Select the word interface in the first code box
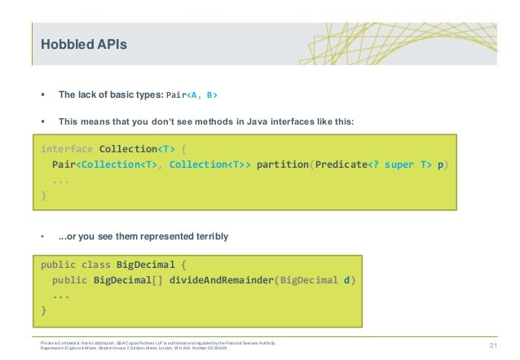click(x=67, y=149)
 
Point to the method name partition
click(x=282, y=165)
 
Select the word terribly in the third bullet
click(x=208, y=236)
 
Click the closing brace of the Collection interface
click(x=44, y=195)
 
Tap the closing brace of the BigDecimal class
click(x=44, y=311)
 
